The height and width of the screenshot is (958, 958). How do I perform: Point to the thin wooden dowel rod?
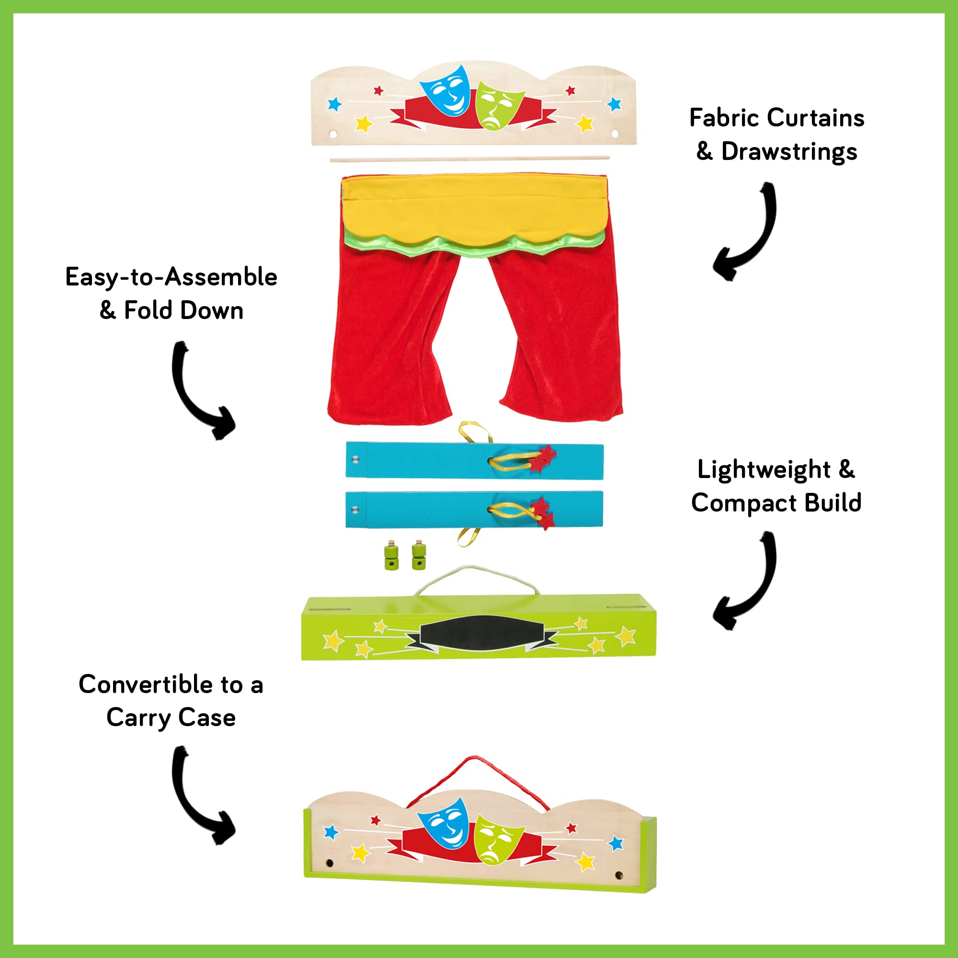(469, 159)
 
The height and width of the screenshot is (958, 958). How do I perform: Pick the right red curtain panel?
(558, 337)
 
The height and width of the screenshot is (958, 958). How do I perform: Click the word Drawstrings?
(789, 152)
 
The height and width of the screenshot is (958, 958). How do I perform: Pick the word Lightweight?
(764, 469)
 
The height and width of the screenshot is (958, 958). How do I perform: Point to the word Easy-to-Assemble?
(171, 277)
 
